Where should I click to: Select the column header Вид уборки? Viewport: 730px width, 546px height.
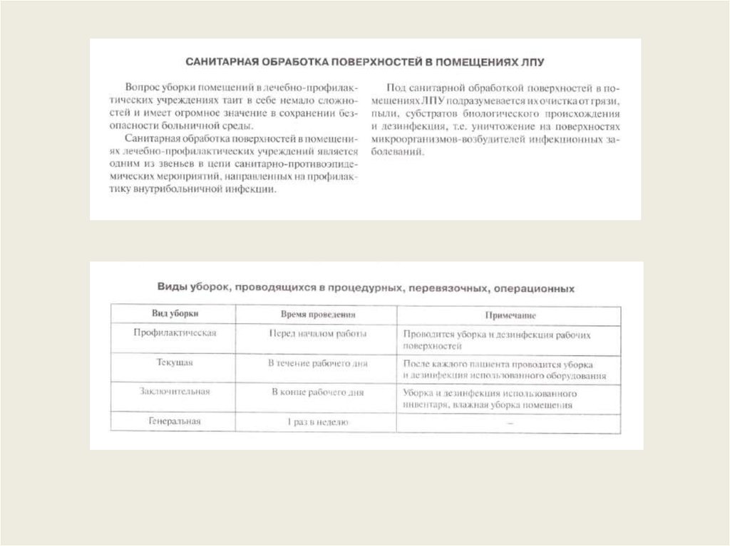click(x=175, y=314)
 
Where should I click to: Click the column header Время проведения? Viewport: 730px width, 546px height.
click(x=317, y=314)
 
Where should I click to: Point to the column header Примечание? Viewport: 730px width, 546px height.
click(x=510, y=314)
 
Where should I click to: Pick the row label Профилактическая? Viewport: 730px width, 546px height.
click(x=175, y=332)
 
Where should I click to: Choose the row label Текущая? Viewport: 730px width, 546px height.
click(x=175, y=362)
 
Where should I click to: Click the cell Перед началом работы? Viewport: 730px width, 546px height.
click(x=317, y=333)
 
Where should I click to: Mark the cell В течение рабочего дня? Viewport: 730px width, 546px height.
click(x=317, y=363)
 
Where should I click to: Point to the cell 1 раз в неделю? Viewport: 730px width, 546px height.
click(x=317, y=423)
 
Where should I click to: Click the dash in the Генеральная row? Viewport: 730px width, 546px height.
click(x=510, y=423)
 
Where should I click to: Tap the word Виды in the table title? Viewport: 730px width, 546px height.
click(x=172, y=288)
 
